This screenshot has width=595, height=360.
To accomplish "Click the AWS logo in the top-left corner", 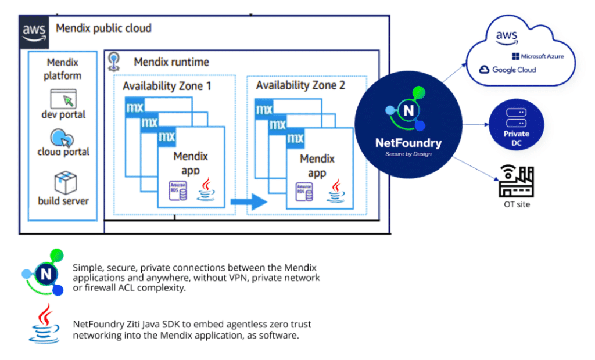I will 34,31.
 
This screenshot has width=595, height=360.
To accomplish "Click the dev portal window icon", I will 63,98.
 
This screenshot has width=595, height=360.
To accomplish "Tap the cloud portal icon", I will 62,138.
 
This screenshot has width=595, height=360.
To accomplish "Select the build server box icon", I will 63,182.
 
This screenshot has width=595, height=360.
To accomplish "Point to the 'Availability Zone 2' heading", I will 300,85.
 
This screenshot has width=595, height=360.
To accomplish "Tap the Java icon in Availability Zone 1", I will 205,190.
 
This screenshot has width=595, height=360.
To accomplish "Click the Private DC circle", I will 517,125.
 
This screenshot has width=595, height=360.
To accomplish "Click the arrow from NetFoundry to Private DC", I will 472,124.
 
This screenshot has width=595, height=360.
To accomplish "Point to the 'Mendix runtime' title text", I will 171,62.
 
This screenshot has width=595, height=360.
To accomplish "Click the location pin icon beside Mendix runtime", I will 114,62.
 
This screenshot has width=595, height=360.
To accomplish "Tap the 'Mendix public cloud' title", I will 103,28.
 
